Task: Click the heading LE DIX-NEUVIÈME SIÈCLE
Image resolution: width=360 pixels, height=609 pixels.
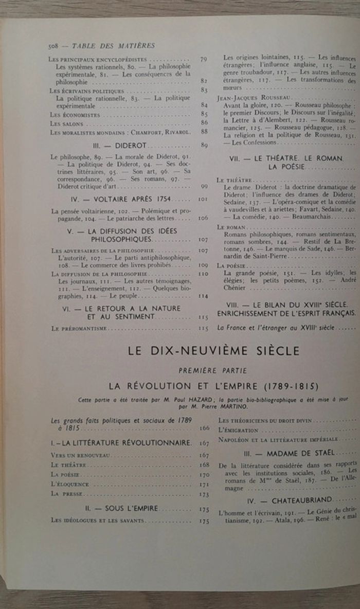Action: click(x=213, y=351)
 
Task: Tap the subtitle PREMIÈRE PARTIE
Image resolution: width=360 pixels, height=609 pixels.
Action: click(x=212, y=370)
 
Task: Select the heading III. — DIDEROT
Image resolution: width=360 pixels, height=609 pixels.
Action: click(x=116, y=146)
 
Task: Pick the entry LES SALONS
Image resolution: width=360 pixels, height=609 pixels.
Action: click(x=66, y=123)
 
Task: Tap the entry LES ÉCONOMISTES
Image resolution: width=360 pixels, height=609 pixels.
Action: click(x=75, y=114)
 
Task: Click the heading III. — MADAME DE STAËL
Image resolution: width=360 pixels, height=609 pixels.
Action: click(x=289, y=453)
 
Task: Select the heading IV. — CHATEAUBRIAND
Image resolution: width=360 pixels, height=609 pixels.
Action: click(x=289, y=499)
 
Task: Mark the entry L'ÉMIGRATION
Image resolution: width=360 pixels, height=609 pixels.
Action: click(x=238, y=430)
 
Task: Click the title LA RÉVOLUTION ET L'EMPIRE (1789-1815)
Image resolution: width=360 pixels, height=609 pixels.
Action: click(x=213, y=386)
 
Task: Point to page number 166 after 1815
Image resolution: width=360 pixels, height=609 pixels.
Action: click(x=204, y=427)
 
